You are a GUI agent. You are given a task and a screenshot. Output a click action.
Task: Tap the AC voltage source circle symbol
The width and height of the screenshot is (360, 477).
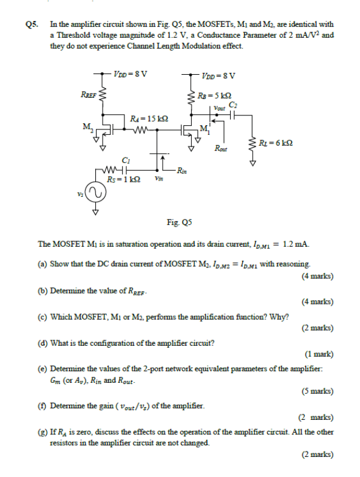pos(95,193)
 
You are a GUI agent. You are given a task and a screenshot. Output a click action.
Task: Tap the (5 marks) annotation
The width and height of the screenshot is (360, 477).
pos(317,391)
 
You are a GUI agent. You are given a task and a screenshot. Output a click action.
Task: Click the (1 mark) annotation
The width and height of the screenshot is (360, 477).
pos(319,354)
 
